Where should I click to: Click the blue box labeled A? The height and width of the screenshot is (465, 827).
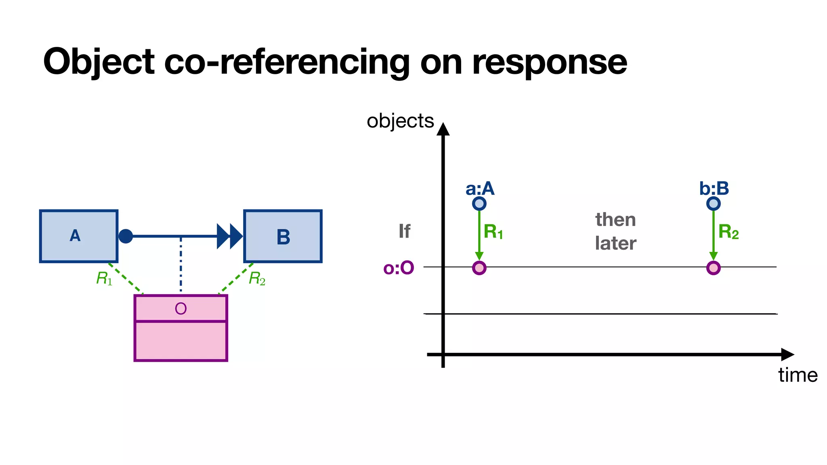pyautogui.click(x=79, y=236)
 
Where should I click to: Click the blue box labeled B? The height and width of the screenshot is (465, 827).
pyautogui.click(x=283, y=237)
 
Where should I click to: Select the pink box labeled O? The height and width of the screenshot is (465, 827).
pyautogui.click(x=181, y=328)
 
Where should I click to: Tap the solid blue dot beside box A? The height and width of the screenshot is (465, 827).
pyautogui.click(x=126, y=236)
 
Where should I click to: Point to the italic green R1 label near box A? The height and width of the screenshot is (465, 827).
pyautogui.click(x=104, y=278)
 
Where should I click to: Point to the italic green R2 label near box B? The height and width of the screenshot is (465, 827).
pyautogui.click(x=257, y=278)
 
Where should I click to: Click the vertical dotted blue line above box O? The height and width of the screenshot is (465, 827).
pyautogui.click(x=181, y=264)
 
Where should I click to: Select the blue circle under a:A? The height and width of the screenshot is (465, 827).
pyautogui.click(x=479, y=203)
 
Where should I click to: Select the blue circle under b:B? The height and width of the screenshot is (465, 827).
pyautogui.click(x=713, y=203)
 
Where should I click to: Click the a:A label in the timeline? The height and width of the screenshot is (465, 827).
pyautogui.click(x=480, y=188)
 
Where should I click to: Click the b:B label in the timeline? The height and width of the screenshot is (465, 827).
pyautogui.click(x=714, y=188)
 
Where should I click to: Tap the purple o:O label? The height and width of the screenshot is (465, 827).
pyautogui.click(x=399, y=268)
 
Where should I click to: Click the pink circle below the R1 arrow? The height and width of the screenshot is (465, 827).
pyautogui.click(x=479, y=268)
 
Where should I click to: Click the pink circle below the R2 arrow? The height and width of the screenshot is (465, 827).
pyautogui.click(x=713, y=268)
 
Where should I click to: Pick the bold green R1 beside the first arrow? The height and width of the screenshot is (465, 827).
pyautogui.click(x=493, y=232)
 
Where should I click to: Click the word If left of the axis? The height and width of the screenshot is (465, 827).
pyautogui.click(x=404, y=231)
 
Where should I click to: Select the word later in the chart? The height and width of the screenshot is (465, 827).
pyautogui.click(x=615, y=243)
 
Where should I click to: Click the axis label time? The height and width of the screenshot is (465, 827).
pyautogui.click(x=798, y=375)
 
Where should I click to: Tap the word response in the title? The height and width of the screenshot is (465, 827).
pyautogui.click(x=549, y=62)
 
